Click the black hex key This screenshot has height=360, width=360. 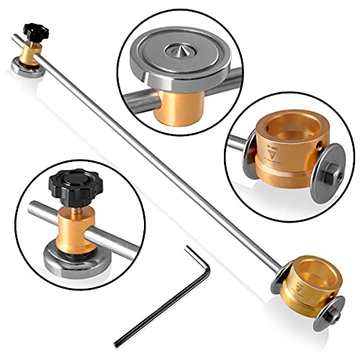point(155,300)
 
